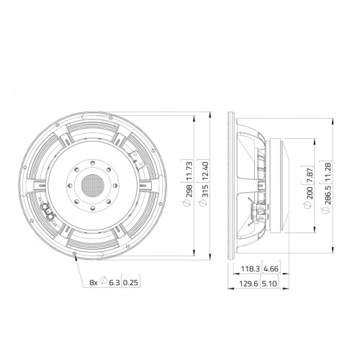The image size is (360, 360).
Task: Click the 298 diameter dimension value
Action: pyautogui.click(x=189, y=191)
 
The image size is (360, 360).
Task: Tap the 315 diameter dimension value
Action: pyautogui.click(x=205, y=191)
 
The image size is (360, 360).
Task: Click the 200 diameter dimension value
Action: pyautogui.click(x=310, y=192)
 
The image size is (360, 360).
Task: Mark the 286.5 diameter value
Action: pyautogui.click(x=328, y=194)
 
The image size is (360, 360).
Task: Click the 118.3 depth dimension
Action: pyautogui.click(x=250, y=269)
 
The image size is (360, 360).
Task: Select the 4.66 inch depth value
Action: pyautogui.click(x=271, y=269)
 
